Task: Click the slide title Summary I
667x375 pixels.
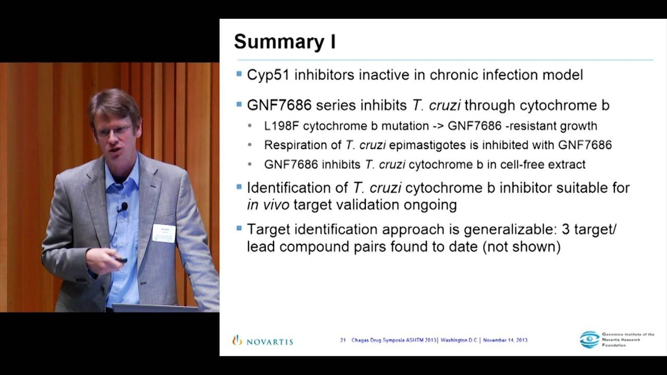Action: coord(285,42)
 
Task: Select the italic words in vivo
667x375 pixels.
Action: coord(268,205)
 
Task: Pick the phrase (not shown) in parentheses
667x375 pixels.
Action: coord(521,246)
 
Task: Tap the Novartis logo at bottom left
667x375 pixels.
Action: coord(263,342)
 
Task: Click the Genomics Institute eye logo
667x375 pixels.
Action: coord(589,340)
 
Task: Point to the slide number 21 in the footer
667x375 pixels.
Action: coord(343,341)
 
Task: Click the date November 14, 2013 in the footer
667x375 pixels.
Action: coord(505,341)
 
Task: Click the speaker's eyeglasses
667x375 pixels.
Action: coord(113,130)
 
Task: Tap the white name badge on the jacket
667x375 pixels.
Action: coord(164,233)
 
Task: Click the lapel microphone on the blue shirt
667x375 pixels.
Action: coord(123,207)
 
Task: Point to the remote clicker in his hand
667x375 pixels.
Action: coord(121,259)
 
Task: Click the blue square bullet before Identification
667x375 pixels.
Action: coord(239,186)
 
